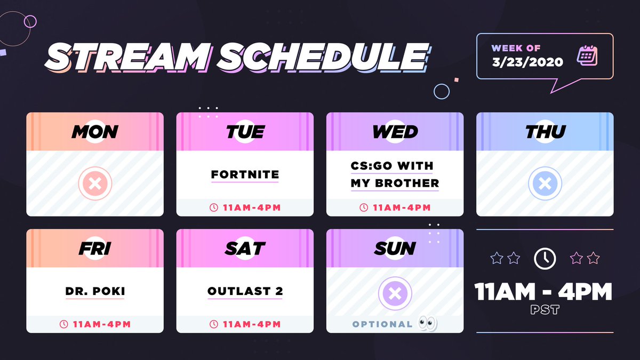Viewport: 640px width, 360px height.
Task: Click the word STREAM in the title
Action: pos(127,57)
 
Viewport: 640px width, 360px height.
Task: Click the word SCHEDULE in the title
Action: pos(323,57)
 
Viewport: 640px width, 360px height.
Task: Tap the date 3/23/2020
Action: pos(527,62)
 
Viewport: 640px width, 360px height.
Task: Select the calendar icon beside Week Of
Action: pos(587,55)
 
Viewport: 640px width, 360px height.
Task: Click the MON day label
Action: pos(95,132)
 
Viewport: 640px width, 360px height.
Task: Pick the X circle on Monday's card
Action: pos(95,183)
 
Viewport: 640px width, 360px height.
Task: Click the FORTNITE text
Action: pos(245,174)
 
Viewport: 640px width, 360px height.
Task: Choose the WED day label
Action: pos(395,132)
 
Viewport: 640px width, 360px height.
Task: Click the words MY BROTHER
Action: pos(395,183)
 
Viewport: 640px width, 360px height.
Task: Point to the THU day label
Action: pos(546,132)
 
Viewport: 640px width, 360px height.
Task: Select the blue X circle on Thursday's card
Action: pos(545,183)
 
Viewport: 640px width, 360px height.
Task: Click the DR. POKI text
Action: pos(95,291)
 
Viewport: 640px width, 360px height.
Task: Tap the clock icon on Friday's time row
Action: pos(63,324)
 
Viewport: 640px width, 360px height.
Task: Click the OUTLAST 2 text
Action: pos(245,291)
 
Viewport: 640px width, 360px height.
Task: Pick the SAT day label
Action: pos(245,249)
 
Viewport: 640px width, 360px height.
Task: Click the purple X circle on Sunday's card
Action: pos(395,293)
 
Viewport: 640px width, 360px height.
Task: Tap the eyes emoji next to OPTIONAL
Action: pos(428,323)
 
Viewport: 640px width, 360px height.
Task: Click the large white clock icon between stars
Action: pos(545,259)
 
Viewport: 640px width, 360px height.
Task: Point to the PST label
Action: pos(545,310)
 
